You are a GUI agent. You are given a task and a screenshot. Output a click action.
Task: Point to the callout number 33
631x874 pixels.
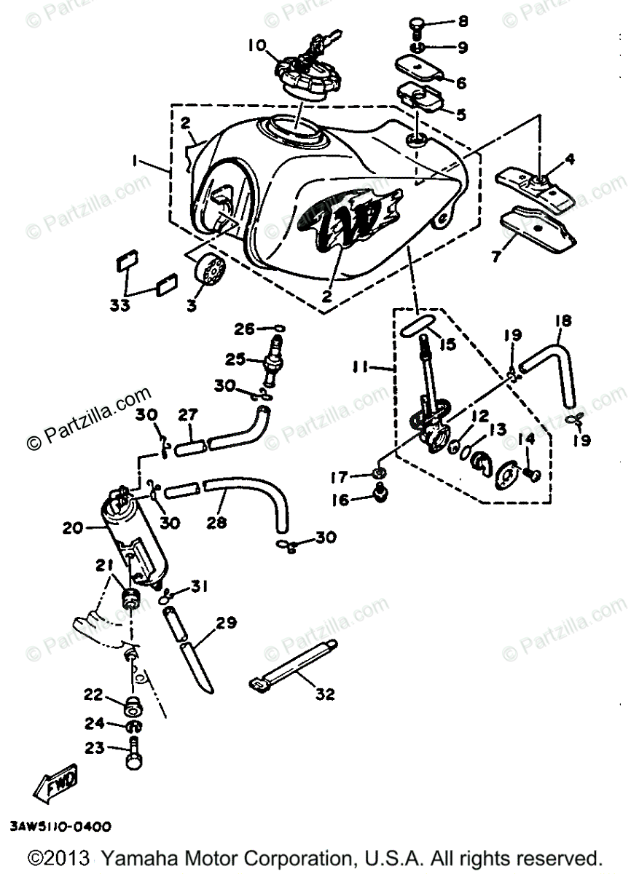tap(121, 306)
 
